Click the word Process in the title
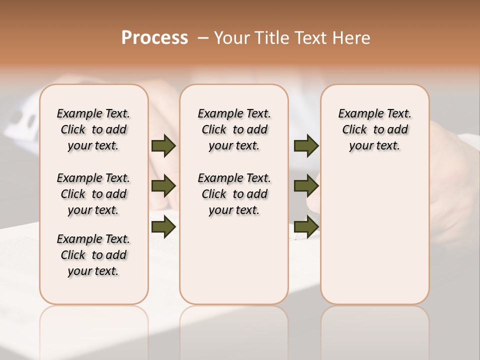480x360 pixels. [x=154, y=38]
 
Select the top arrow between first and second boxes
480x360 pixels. [x=163, y=145]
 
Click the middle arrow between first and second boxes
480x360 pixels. [x=163, y=186]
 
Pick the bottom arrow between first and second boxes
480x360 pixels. [x=163, y=227]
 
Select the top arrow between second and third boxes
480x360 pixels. [x=306, y=145]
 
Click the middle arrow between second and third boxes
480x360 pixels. [x=306, y=186]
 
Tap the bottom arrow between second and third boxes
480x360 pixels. [x=306, y=227]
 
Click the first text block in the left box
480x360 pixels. [x=93, y=129]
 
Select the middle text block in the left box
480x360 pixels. [x=93, y=194]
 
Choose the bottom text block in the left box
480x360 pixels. [x=93, y=255]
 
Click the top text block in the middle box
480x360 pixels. [x=234, y=129]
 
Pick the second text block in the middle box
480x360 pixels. [x=234, y=194]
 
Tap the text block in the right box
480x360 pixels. [x=374, y=129]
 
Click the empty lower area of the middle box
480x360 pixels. [x=234, y=260]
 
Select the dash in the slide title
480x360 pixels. [x=203, y=38]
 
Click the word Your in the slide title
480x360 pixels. [x=231, y=38]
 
